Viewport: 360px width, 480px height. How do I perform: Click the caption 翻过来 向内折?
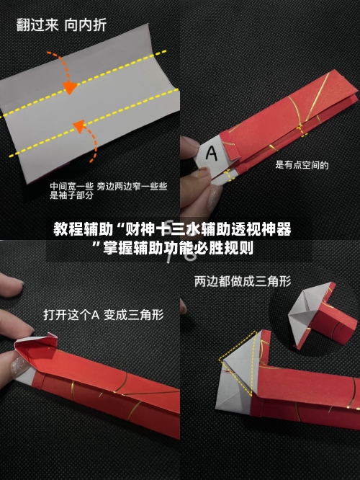[x=61, y=25]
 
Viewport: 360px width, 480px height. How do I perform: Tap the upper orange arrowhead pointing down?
[x=70, y=87]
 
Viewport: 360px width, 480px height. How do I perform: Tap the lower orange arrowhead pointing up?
[x=80, y=126]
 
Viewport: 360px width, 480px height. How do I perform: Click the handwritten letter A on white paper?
[x=212, y=153]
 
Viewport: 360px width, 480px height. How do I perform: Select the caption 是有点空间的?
[x=302, y=165]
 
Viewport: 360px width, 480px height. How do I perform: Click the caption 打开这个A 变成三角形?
[x=104, y=315]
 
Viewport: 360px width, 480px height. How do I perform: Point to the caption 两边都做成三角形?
[x=243, y=281]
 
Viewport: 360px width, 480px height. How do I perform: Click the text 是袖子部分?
[x=71, y=195]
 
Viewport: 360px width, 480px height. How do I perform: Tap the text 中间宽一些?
[x=71, y=187]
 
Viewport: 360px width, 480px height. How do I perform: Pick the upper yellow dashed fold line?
[x=84, y=84]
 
